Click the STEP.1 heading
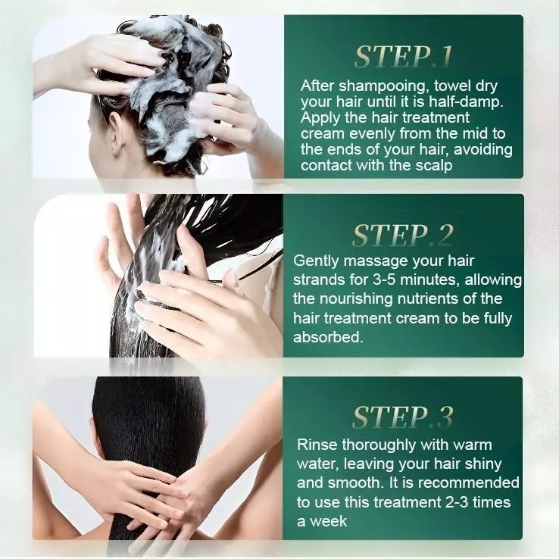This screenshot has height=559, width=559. point(403,56)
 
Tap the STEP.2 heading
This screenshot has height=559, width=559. point(403,236)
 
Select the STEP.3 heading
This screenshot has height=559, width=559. point(403,417)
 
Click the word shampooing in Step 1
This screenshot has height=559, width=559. point(382,86)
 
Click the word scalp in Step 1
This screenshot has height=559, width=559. point(434,165)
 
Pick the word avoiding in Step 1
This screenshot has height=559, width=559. point(483,149)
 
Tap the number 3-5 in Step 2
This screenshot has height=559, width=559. point(385,279)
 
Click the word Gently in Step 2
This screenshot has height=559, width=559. point(316,261)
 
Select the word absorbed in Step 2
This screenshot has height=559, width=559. point(328,337)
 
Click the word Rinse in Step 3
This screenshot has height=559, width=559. point(317,445)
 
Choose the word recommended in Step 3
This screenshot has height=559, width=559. point(468,483)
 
